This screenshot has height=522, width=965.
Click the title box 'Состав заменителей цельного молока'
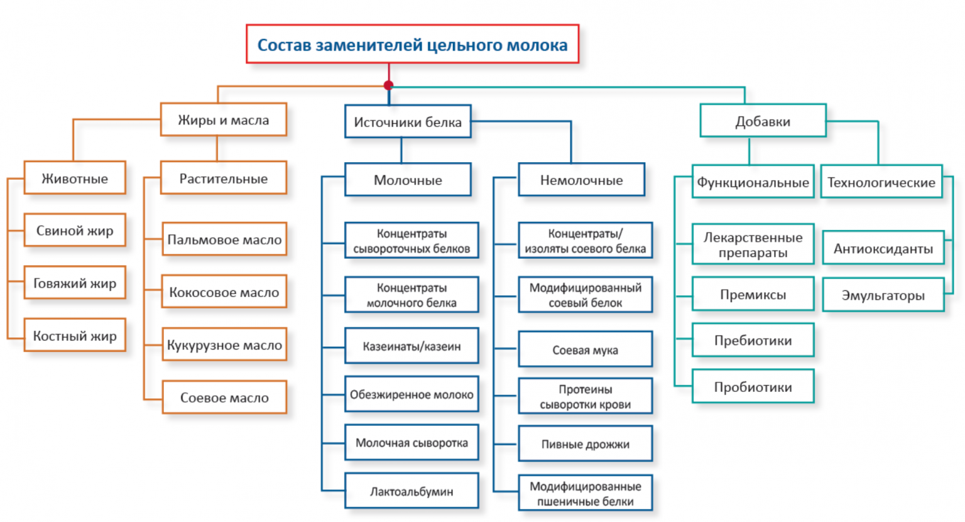coord(412,45)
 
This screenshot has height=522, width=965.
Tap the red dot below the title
coord(389,85)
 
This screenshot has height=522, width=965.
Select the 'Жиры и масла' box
coord(223,120)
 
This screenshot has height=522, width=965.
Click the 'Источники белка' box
coord(408,122)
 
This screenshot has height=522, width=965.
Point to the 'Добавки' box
coord(763,121)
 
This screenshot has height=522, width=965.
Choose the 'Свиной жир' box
coord(75,231)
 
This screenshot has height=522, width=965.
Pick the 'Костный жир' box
coord(75,336)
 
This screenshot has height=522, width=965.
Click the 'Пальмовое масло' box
coord(224,239)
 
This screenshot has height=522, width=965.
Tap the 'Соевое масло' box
coord(224,398)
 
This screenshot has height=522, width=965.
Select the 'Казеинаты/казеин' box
coord(412,346)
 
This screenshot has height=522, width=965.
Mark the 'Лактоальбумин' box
coord(412,491)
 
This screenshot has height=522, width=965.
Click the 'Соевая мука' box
coord(585,350)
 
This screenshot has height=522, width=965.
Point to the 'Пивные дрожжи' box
coord(585,444)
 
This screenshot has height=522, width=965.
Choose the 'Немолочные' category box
coord(581,180)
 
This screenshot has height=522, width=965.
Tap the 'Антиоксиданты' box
coord(883,249)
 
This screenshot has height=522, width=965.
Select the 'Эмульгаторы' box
coord(883,295)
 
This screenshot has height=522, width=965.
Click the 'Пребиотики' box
coord(753,340)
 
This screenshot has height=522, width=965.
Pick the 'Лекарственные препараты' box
coord(753,245)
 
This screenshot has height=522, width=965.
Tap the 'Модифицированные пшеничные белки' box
coord(585,494)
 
